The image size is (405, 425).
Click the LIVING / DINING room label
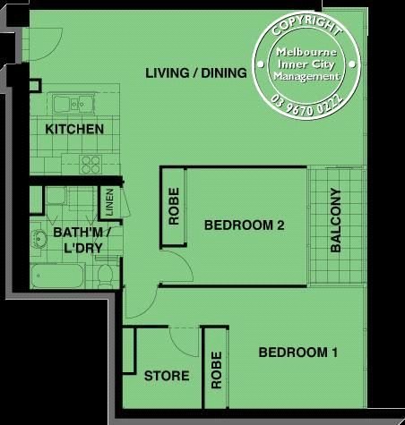pyautogui.click(x=196, y=73)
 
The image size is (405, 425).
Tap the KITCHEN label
pyautogui.click(x=74, y=129)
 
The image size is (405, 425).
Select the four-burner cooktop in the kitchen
pyautogui.click(x=90, y=165)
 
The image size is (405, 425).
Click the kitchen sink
pyautogui.click(x=73, y=104)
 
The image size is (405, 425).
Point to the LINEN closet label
pyautogui.click(x=109, y=202)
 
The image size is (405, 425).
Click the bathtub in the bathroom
pyautogui.click(x=57, y=276)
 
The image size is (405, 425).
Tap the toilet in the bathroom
pyautogui.click(x=105, y=275)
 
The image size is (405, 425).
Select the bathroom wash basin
pyautogui.click(x=39, y=239)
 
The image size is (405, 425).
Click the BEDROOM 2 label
pyautogui.click(x=244, y=225)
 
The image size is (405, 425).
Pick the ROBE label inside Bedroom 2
pyautogui.click(x=174, y=206)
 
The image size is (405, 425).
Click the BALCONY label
pyautogui.click(x=336, y=220)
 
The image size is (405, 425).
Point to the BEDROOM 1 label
pyautogui.click(x=298, y=353)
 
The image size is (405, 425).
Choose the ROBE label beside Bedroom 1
pyautogui.click(x=217, y=370)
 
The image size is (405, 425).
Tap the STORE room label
pyautogui.click(x=167, y=376)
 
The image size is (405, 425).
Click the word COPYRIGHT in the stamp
pyautogui.click(x=306, y=25)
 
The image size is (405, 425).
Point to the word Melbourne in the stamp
pyautogui.click(x=306, y=52)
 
